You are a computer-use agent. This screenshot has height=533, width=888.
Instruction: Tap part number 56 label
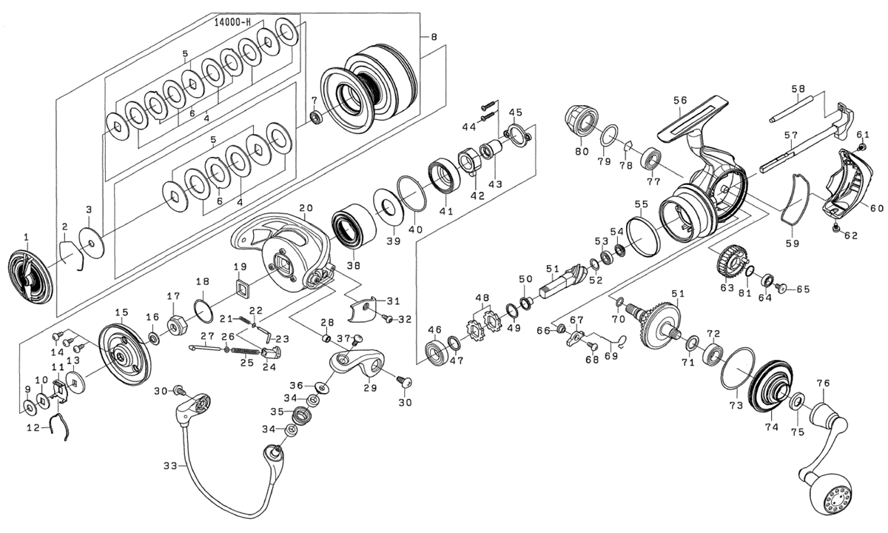(679, 100)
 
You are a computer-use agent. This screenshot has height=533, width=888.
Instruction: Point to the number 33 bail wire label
(171, 466)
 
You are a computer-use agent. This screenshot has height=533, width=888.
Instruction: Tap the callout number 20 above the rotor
(306, 208)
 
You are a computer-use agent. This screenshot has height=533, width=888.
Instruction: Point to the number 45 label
(516, 113)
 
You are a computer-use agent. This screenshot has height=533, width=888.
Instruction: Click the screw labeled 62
(837, 227)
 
